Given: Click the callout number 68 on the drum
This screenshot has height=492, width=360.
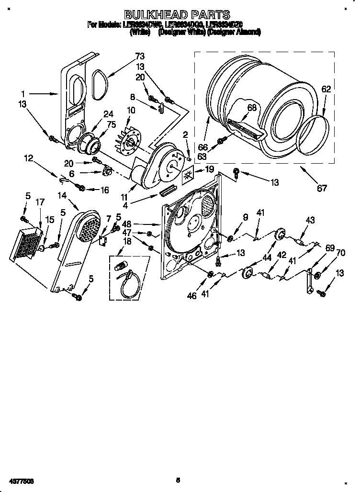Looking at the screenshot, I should tap(252, 108).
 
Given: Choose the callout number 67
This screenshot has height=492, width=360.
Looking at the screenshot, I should tap(322, 188).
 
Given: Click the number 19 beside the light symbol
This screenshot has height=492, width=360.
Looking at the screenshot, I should tap(209, 169).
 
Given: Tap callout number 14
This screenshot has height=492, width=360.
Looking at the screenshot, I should tap(62, 195).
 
